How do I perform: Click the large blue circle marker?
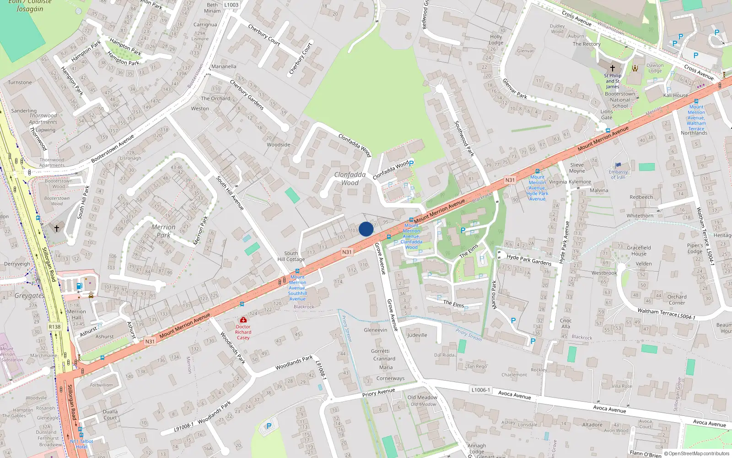(366, 229)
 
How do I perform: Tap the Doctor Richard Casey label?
(243, 332)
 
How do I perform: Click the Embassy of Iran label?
(619, 174)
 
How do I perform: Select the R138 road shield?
(54, 327)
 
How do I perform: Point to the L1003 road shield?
(231, 5)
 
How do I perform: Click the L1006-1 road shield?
(480, 390)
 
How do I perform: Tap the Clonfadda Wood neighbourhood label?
(350, 179)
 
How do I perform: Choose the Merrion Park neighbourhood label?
(163, 231)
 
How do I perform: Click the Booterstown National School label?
(620, 100)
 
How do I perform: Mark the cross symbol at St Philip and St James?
(613, 68)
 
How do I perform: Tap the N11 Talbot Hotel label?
(81, 444)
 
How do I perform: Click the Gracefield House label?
(639, 251)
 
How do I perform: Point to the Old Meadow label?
(422, 398)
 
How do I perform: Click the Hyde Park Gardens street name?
(529, 260)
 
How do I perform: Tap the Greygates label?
(29, 295)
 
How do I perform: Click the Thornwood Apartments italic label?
(43, 119)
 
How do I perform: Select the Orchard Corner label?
(677, 300)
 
